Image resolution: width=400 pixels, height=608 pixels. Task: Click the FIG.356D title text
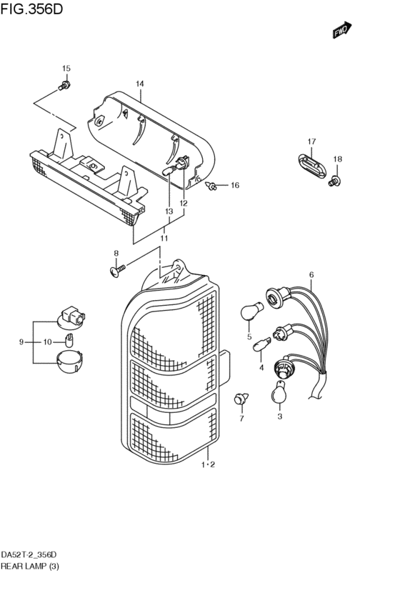pos(33,10)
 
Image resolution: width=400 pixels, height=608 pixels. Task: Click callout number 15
pos(66,69)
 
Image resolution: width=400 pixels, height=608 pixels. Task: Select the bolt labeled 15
pos(65,86)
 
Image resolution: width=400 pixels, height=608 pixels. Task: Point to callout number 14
pos(140,84)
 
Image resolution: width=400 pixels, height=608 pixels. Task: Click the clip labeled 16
pos(212,186)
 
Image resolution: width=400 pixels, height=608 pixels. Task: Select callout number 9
pos(21,342)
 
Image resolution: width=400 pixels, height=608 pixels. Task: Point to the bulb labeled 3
pos(279,392)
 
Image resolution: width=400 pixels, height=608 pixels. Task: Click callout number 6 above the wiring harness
pos(311,275)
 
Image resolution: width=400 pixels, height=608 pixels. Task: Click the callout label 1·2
pos(208,465)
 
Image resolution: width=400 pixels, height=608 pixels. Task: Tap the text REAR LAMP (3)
pos(30,567)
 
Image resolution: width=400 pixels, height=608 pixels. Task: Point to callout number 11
pos(164,238)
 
